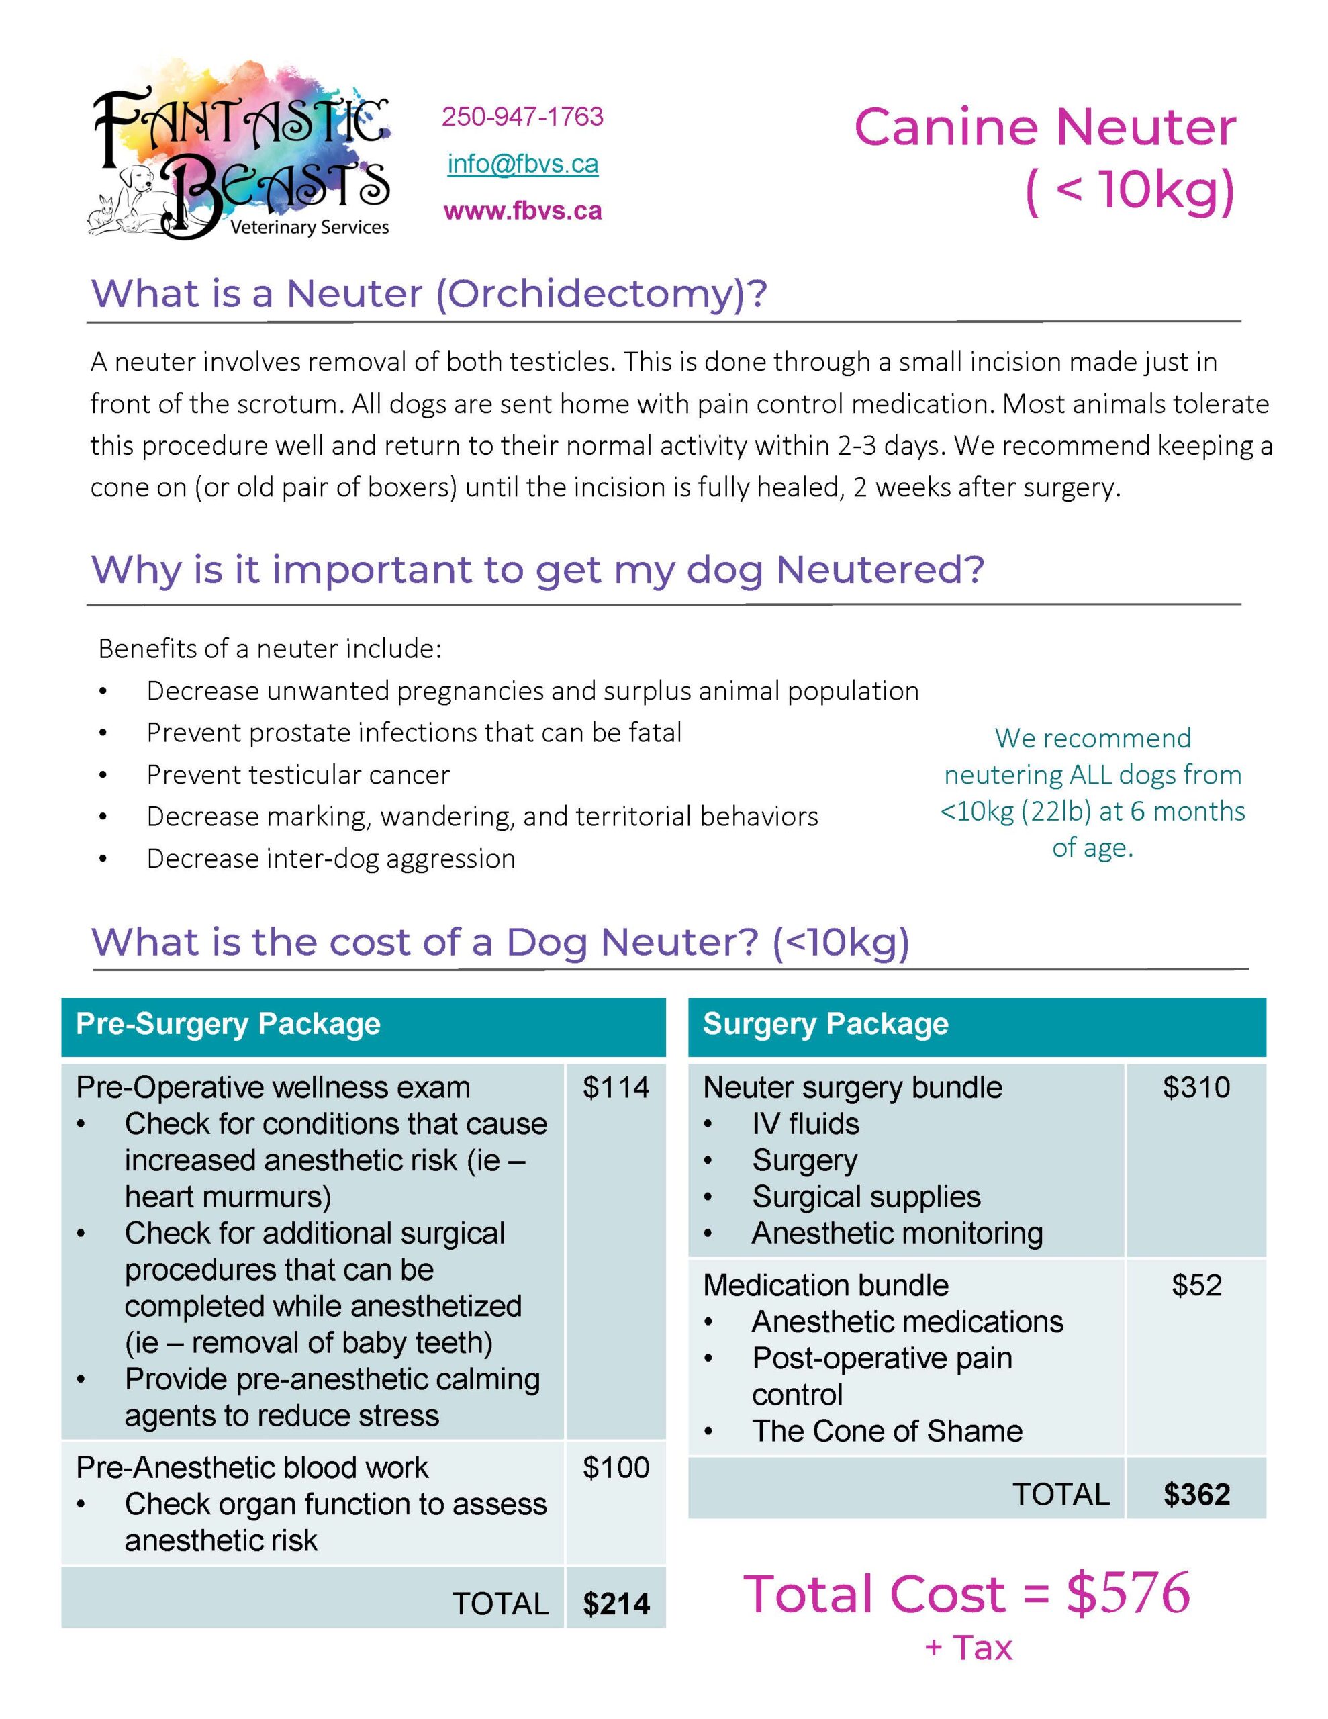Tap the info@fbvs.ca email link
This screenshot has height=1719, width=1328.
point(523,164)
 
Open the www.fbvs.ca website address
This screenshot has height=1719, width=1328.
point(523,211)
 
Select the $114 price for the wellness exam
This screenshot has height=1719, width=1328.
point(616,1087)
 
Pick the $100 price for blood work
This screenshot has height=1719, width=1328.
point(616,1467)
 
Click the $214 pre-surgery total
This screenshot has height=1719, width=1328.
point(616,1604)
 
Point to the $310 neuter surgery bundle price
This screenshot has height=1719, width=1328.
point(1196,1087)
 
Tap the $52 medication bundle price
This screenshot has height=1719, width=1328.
point(1196,1285)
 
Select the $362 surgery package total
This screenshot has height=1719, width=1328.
point(1196,1494)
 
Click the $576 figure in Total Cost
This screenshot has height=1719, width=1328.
point(1127,1593)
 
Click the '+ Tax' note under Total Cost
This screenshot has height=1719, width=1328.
point(968,1647)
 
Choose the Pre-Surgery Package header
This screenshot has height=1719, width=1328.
point(228,1024)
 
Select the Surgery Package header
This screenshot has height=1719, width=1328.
point(825,1024)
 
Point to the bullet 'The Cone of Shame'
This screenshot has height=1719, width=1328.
point(886,1431)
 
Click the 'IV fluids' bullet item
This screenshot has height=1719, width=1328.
point(804,1123)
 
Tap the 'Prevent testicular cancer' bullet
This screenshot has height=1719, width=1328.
point(297,774)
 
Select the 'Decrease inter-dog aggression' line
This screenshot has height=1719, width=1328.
point(330,858)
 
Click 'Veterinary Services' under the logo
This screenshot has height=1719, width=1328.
point(310,228)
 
